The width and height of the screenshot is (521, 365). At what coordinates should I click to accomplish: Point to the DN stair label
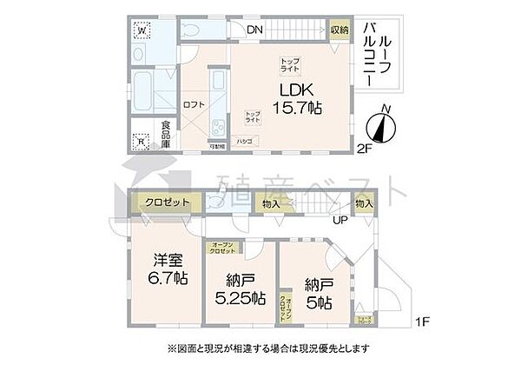tap(254, 30)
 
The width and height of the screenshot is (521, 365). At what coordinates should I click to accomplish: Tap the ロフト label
tap(193, 104)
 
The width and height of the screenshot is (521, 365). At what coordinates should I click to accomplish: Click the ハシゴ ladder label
tap(245, 139)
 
